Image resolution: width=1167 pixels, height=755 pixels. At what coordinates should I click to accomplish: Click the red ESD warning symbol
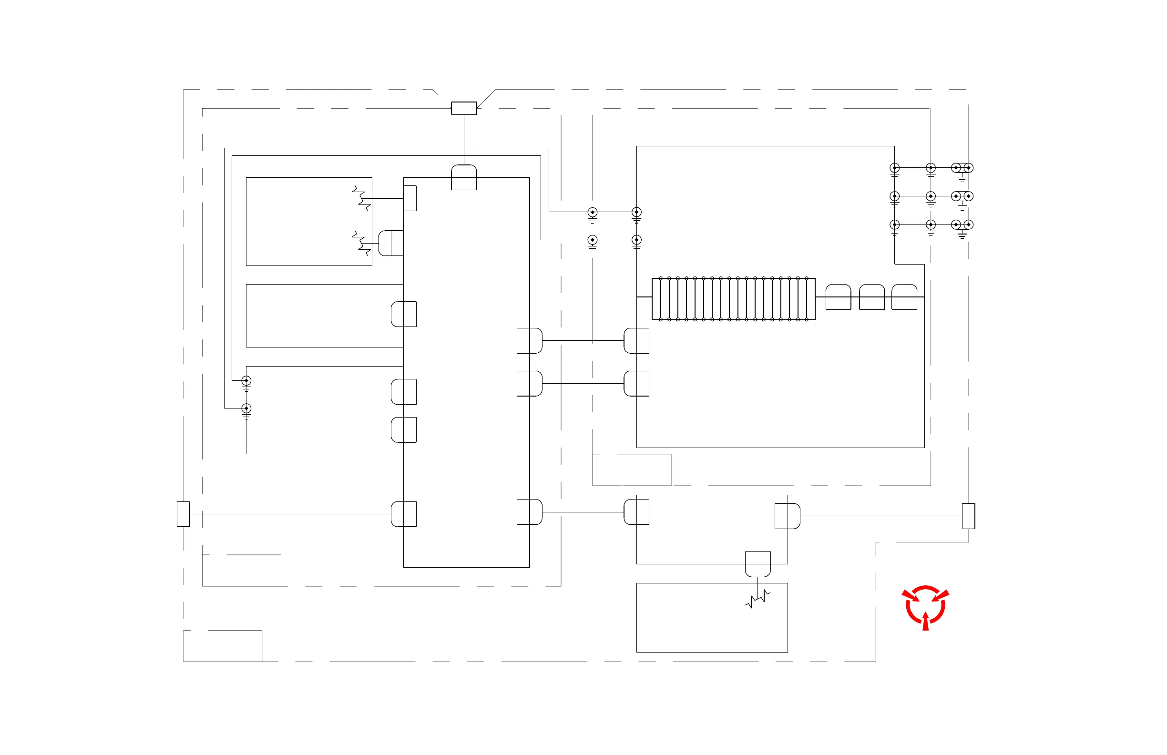tap(925, 607)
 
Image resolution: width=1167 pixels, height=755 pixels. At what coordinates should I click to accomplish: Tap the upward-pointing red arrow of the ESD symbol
tap(925, 621)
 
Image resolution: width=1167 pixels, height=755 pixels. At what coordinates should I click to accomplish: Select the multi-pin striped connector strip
tap(733, 298)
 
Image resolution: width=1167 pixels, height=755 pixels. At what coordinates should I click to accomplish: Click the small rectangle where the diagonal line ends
tap(463, 108)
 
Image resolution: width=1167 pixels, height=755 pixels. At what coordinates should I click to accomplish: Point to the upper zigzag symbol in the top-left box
tap(361, 198)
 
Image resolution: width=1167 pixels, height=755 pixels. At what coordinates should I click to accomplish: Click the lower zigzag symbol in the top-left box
tap(361, 243)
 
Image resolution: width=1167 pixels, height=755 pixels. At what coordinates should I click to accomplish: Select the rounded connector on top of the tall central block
tap(463, 177)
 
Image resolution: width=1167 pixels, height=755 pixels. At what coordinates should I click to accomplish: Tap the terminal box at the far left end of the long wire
tap(184, 514)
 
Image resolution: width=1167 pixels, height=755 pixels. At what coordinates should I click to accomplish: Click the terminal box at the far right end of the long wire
tap(968, 516)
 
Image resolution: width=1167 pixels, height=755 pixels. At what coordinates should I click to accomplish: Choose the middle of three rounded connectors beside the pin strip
tap(872, 296)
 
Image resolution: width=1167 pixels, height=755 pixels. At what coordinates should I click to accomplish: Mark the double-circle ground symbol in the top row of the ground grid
tap(962, 168)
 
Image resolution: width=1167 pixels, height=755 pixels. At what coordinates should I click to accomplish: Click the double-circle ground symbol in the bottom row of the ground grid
tap(962, 224)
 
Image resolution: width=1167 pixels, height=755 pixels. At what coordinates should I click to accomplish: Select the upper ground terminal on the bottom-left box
tap(246, 381)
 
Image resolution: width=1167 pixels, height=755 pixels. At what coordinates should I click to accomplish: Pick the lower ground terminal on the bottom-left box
tap(246, 408)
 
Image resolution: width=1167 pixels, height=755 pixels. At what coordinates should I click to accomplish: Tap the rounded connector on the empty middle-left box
tap(404, 314)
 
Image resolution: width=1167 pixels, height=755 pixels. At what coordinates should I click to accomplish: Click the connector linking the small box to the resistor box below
tap(758, 564)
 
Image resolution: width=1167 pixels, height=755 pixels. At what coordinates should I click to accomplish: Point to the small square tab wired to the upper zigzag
tap(410, 198)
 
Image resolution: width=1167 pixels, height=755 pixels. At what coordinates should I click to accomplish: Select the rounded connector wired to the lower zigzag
tap(391, 243)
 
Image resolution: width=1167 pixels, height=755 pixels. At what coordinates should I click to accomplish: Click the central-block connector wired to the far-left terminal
tap(404, 514)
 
